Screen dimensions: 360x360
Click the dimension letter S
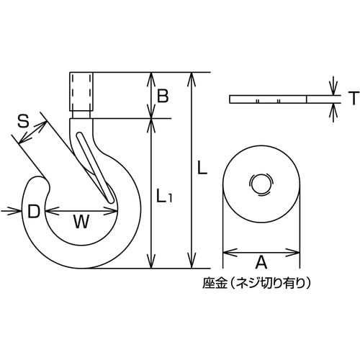pyautogui.click(x=23, y=123)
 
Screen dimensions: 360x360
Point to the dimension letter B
pyautogui.click(x=163, y=95)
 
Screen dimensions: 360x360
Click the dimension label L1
pyautogui.click(x=164, y=194)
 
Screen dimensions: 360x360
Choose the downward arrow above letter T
pyautogui.click(x=333, y=88)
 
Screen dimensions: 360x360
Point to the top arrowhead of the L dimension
pyautogui.click(x=190, y=76)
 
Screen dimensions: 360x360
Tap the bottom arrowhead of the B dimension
pyautogui.click(x=150, y=114)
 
